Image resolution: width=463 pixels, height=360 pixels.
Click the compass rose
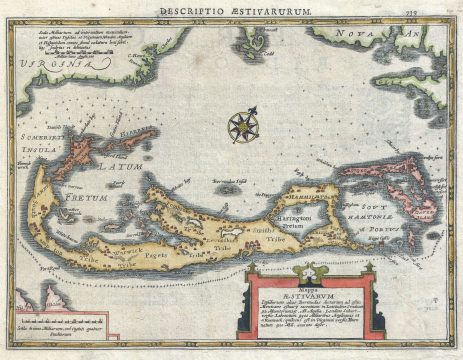coord(240,126)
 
